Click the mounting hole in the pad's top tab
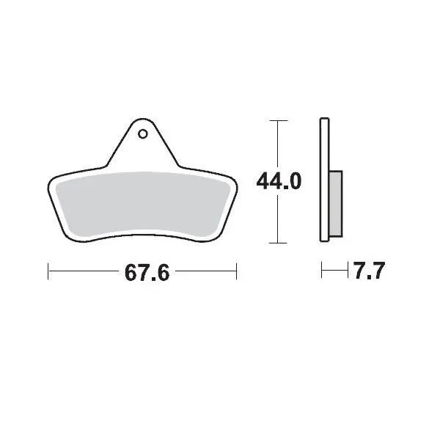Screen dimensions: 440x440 [142, 134]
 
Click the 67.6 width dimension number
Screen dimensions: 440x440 [147, 273]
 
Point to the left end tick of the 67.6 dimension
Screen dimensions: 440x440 [48, 272]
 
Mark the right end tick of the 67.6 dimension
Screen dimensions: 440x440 [236, 272]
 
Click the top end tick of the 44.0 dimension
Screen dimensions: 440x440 [276, 120]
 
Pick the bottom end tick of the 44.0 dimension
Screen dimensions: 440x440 [276, 243]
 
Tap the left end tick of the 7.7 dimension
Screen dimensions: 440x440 [322, 272]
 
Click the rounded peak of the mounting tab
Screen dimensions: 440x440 [142, 121]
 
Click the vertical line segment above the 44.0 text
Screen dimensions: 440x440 [276, 143]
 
